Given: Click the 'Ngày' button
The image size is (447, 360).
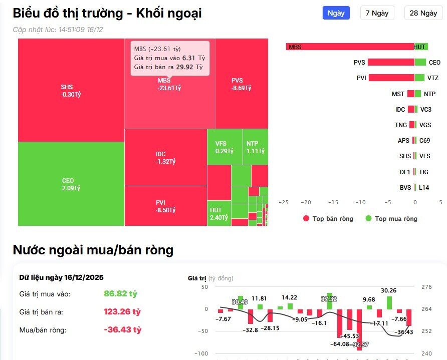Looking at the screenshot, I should click(336, 13).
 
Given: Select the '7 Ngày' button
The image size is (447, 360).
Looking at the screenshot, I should click(377, 13).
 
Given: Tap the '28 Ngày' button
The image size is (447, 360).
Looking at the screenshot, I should click(423, 13).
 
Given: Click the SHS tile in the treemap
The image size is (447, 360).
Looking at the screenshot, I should click(71, 90).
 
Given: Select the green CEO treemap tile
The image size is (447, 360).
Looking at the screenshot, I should click(71, 184).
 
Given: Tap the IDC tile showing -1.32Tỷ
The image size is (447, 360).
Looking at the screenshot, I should click(165, 157).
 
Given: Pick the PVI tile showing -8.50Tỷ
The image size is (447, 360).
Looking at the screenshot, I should click(165, 206).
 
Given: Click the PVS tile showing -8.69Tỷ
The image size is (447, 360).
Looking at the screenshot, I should click(241, 84).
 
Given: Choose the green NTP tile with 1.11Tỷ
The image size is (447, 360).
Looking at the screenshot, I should click(255, 147).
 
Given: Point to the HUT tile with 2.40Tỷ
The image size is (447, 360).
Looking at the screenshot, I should click(219, 214).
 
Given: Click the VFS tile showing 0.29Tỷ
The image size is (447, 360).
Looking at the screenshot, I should click(225, 147).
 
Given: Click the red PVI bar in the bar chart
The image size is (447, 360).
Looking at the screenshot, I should click(391, 78).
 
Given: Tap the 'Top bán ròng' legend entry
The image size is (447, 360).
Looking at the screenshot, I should click(328, 219).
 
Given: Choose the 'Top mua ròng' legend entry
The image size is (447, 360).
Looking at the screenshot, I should click(391, 219).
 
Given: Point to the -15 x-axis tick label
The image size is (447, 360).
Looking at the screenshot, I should click(333, 202).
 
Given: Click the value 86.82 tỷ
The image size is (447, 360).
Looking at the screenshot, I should click(120, 293).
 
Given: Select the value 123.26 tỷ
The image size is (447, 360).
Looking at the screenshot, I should click(122, 311).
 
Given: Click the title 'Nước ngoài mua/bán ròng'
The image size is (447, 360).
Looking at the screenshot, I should click(93, 250).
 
